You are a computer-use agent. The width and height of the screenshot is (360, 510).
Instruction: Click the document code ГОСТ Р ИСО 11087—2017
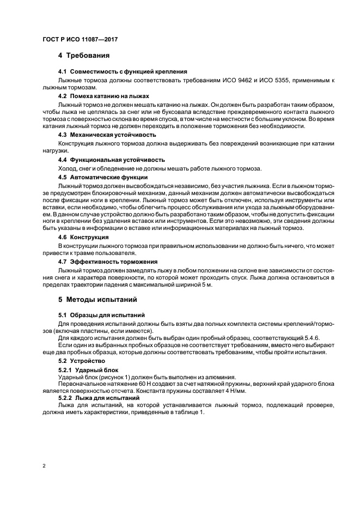click(x=80, y=40)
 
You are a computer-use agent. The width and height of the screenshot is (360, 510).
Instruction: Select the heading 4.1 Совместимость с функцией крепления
click(x=123, y=71)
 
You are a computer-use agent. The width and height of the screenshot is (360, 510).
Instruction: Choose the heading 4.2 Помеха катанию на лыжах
click(x=103, y=95)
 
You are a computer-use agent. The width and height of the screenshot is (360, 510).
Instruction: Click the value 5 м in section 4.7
click(x=208, y=285)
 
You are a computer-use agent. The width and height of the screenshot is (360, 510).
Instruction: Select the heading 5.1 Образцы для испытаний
click(x=101, y=315)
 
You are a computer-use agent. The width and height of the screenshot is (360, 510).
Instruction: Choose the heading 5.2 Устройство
click(x=84, y=361)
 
